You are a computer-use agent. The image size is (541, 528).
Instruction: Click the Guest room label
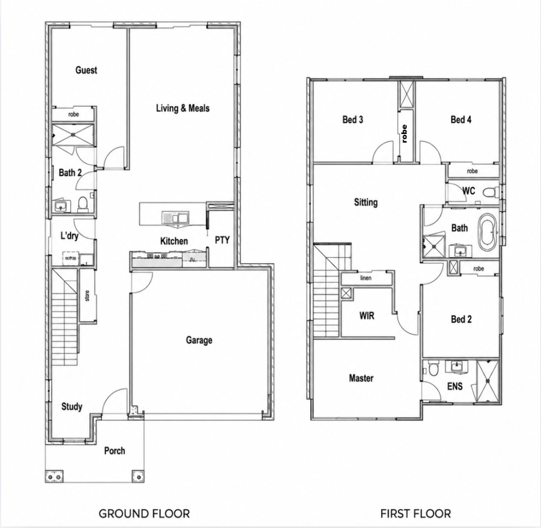(x=86, y=70)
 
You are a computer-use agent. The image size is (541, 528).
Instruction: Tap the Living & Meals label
(x=183, y=108)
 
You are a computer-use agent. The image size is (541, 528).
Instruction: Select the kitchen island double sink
(x=176, y=217)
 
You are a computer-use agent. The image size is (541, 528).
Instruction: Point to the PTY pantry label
(x=222, y=240)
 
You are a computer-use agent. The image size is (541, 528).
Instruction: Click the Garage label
(x=199, y=340)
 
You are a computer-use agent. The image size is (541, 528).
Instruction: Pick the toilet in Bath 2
(x=83, y=203)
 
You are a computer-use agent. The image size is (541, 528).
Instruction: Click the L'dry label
(x=69, y=236)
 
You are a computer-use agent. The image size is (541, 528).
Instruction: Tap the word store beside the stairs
(x=88, y=296)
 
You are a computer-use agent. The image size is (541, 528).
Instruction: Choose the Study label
(x=72, y=407)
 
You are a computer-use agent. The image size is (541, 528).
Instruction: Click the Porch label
(x=114, y=451)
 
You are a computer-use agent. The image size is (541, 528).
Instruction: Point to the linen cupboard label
(x=366, y=278)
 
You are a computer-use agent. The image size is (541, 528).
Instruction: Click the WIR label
(x=367, y=316)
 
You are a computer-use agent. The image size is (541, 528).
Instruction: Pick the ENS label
(x=455, y=386)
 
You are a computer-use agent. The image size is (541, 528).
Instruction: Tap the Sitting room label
(x=366, y=202)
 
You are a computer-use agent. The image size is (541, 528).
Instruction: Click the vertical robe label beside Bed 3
(x=404, y=134)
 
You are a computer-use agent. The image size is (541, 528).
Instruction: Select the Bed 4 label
(x=461, y=120)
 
